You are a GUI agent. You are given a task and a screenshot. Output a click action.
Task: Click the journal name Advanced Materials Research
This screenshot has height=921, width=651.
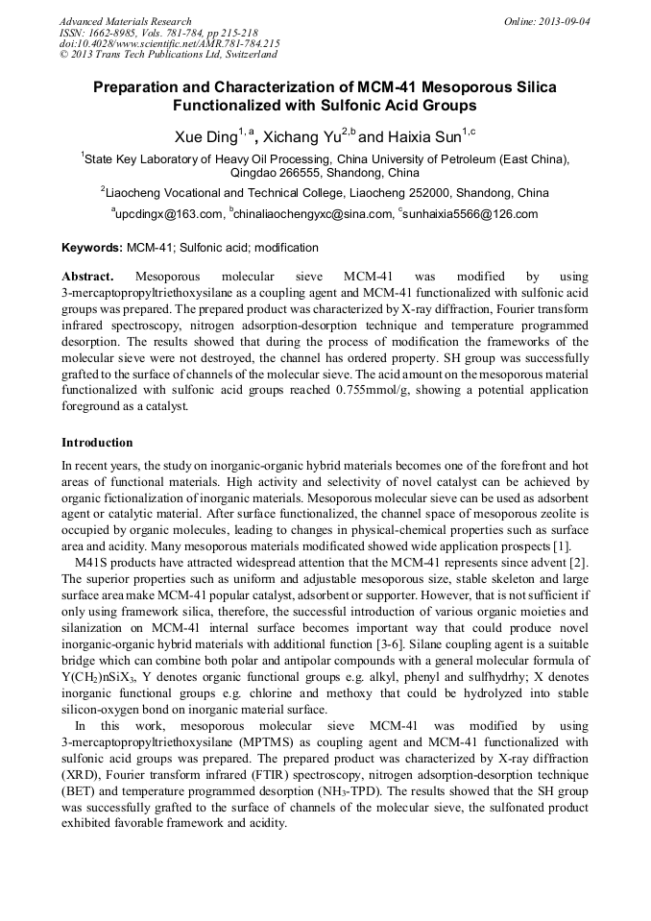click(125, 21)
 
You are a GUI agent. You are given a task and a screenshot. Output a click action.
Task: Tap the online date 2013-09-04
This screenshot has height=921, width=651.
click(566, 21)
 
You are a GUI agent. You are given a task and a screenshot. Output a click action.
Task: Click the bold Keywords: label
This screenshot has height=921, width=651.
click(92, 248)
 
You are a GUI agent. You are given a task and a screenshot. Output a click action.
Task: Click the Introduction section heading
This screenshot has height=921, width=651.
click(97, 443)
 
